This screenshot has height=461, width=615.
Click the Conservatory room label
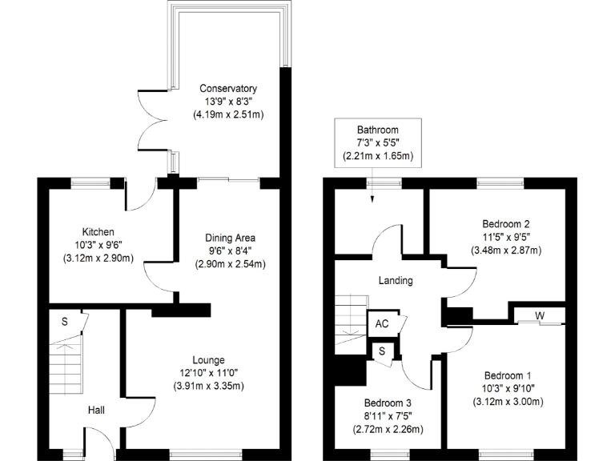click(x=228, y=88)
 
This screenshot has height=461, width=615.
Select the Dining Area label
click(x=231, y=238)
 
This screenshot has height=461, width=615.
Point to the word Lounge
click(x=207, y=360)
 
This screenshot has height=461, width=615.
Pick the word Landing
click(x=396, y=281)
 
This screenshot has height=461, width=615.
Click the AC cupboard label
click(x=382, y=324)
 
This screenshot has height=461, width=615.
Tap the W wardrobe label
click(x=540, y=315)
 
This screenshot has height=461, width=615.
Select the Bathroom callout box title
click(x=378, y=130)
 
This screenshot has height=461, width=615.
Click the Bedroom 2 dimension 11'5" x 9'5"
click(x=505, y=237)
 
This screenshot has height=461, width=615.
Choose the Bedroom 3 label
click(x=388, y=403)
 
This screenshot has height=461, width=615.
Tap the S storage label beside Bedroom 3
click(x=382, y=351)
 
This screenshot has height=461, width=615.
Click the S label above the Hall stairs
click(x=64, y=322)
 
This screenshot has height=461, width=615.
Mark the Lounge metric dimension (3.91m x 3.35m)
click(x=207, y=386)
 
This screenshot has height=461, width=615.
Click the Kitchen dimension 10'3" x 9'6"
click(x=97, y=244)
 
